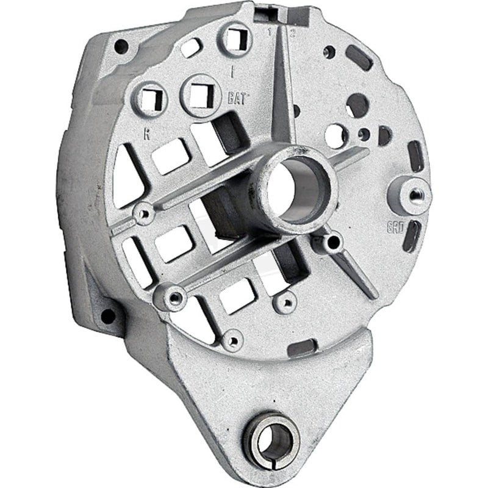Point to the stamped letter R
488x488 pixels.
(146, 135)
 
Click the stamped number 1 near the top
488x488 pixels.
(268, 33)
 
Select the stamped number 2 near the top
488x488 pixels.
(293, 34)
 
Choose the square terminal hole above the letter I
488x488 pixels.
(235, 40)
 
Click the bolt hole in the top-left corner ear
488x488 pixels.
(121, 46)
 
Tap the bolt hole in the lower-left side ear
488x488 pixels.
(108, 316)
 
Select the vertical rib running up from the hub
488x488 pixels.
(281, 91)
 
